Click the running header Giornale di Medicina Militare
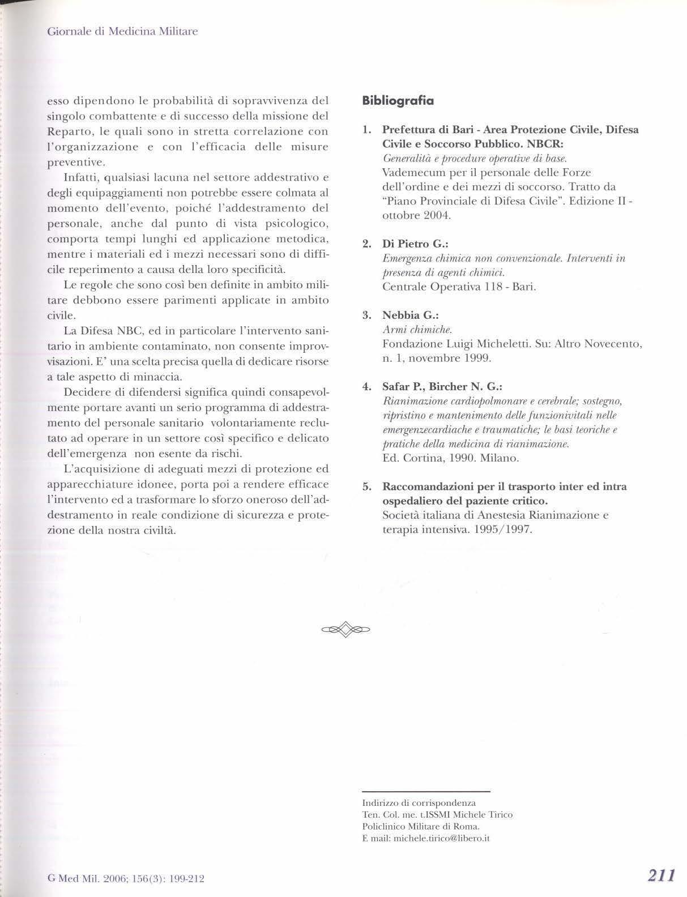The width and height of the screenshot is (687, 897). (122, 31)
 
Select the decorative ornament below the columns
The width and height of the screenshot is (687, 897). (345, 629)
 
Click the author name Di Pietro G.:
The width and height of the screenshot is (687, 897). (415, 244)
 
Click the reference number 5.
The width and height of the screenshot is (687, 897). (366, 487)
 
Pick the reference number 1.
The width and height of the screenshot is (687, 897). (366, 130)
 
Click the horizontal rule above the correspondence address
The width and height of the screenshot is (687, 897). (425, 791)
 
